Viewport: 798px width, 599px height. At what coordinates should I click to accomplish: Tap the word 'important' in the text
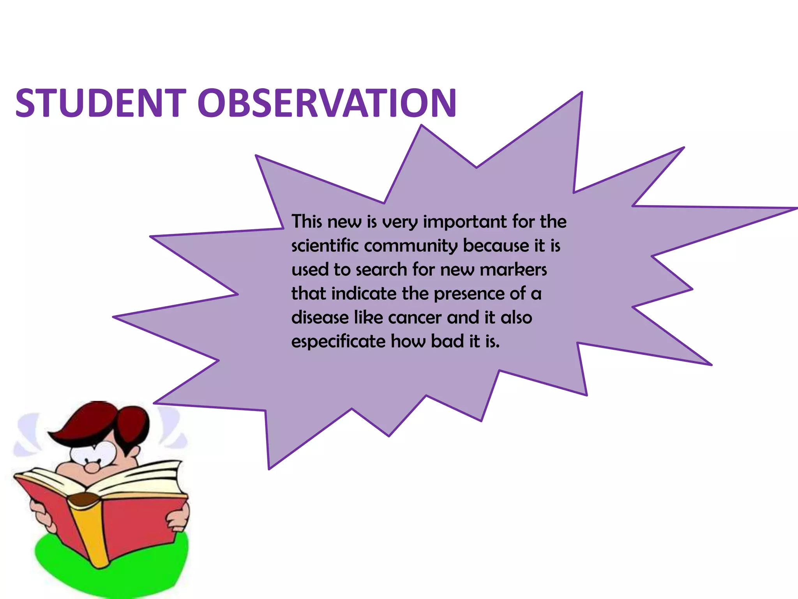464,222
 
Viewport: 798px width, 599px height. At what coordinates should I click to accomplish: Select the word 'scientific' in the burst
325,246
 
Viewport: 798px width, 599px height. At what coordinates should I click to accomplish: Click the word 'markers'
513,269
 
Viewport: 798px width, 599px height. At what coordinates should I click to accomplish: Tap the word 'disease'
320,317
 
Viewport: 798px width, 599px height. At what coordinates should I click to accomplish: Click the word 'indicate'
364,293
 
